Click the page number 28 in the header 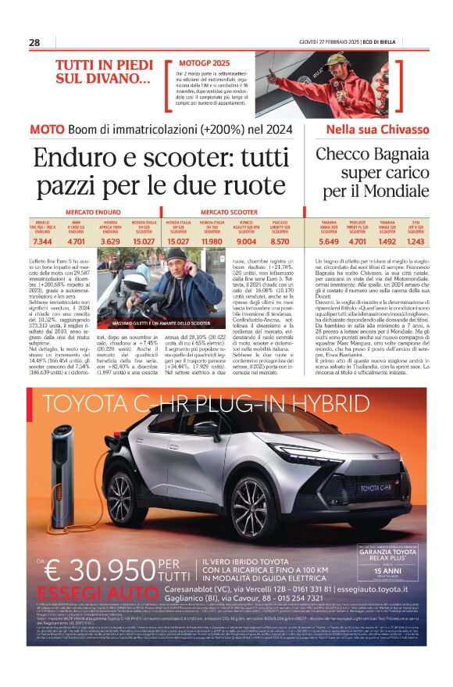pos(35,42)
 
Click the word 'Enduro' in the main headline pos(75,159)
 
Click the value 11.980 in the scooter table pos(213,242)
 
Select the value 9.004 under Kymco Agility pos(247,242)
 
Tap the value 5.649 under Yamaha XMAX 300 pos(329,242)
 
